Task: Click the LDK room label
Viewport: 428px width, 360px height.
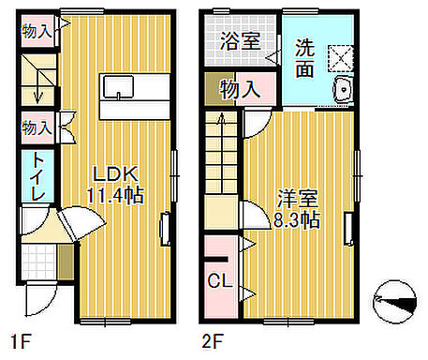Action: (115, 174)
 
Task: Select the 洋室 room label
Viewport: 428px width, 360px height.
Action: (299, 199)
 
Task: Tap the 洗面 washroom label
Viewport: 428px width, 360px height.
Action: (306, 56)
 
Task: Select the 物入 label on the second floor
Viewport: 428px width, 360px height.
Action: (240, 90)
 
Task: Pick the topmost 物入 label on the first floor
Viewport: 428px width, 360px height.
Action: (37, 30)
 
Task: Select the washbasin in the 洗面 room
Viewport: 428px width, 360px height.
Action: (341, 92)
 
